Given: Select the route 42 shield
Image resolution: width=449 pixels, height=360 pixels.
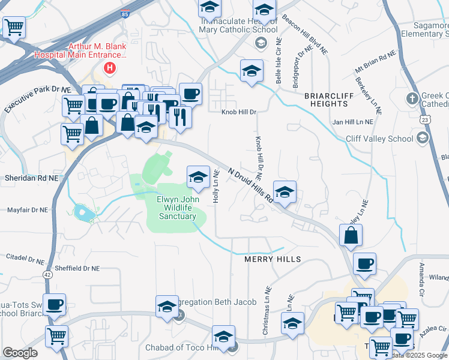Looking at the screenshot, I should click(46, 274).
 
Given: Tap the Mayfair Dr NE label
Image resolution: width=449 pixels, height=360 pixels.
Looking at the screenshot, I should click(26, 210).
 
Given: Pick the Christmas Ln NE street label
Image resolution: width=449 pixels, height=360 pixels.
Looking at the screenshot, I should click(267, 319).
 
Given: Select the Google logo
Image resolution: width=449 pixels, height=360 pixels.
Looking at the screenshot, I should click(20, 353).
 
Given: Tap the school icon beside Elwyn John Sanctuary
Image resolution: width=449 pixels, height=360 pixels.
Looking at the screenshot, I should click(197, 176).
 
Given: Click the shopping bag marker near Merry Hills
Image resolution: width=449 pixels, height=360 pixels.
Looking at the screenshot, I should click(351, 235).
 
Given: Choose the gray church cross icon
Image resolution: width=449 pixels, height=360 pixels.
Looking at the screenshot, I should click(412, 98).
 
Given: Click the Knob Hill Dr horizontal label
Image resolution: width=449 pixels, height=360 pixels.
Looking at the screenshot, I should click(238, 112).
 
